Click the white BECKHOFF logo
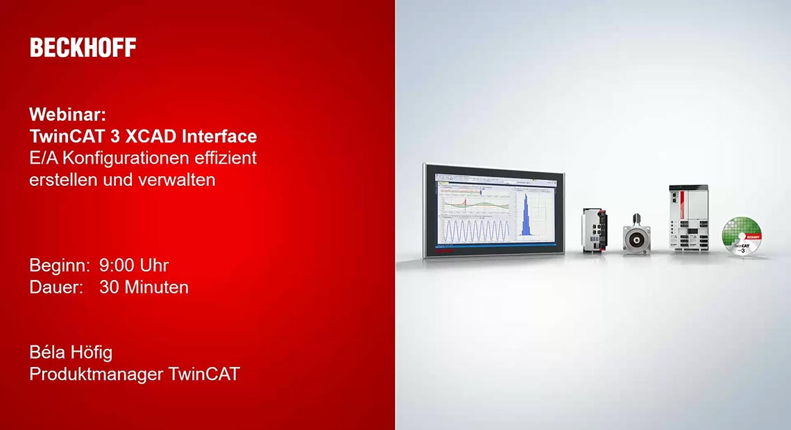83,47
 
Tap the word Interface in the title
219,136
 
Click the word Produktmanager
96,374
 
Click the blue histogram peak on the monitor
526,216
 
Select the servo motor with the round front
636,235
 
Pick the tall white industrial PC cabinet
688,218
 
